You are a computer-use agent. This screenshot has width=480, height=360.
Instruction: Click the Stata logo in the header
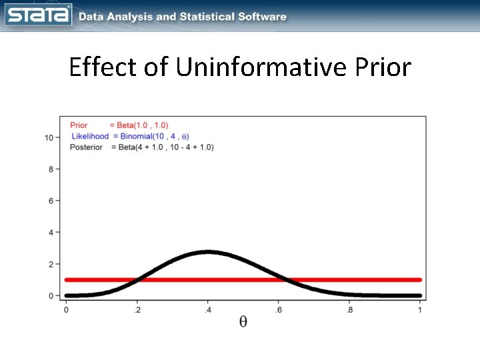click(39, 15)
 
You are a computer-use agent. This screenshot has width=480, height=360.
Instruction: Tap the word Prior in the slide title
click(384, 67)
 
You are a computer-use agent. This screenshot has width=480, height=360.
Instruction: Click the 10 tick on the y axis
click(49, 137)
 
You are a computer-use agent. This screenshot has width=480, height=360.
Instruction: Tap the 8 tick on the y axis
click(51, 169)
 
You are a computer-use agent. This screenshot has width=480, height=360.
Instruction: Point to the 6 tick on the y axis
click(51, 201)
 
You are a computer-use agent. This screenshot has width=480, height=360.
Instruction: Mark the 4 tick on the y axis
click(51, 233)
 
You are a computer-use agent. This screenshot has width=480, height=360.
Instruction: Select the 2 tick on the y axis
click(51, 264)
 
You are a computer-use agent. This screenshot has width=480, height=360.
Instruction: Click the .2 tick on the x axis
click(136, 309)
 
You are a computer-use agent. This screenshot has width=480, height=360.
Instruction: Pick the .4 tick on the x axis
click(207, 309)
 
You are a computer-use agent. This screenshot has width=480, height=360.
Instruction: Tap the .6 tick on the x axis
click(278, 309)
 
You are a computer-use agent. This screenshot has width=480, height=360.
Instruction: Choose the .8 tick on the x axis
click(349, 309)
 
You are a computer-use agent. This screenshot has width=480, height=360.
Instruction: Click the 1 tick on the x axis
click(420, 309)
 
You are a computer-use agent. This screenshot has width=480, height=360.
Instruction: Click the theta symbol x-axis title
click(243, 322)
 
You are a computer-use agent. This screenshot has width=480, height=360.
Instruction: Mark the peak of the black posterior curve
click(208, 252)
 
